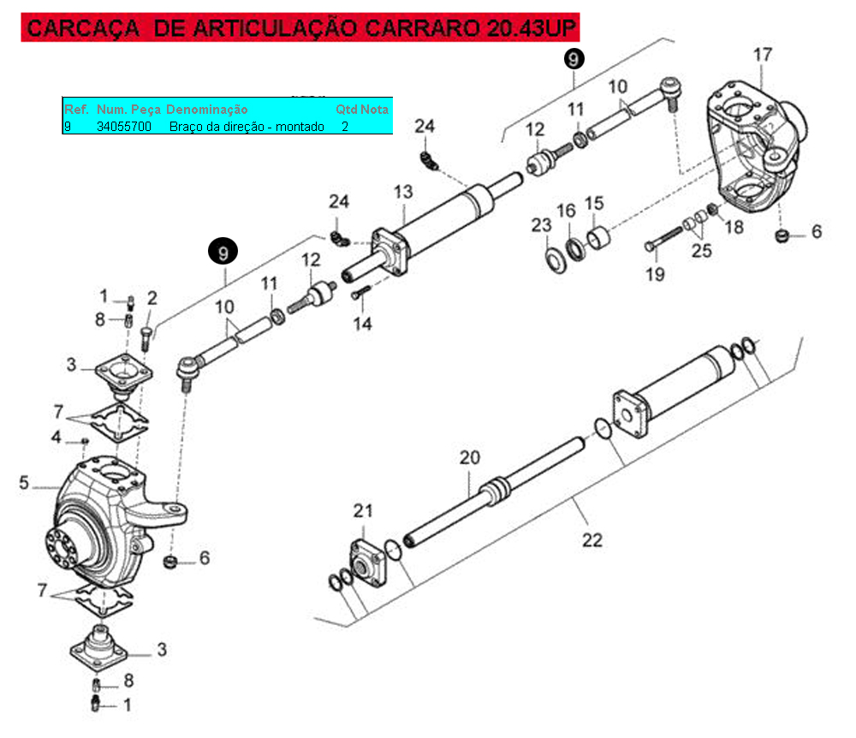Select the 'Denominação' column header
click(207, 110)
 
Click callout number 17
click(763, 56)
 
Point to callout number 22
click(591, 540)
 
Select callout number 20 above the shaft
click(470, 457)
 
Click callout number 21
click(364, 511)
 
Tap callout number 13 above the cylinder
click(403, 192)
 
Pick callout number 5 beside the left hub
click(24, 484)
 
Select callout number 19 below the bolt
click(655, 275)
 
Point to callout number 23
click(541, 226)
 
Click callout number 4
click(56, 437)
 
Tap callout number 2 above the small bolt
click(152, 298)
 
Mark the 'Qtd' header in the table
click(346, 110)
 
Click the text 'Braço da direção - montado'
click(247, 127)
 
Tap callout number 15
click(594, 204)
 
